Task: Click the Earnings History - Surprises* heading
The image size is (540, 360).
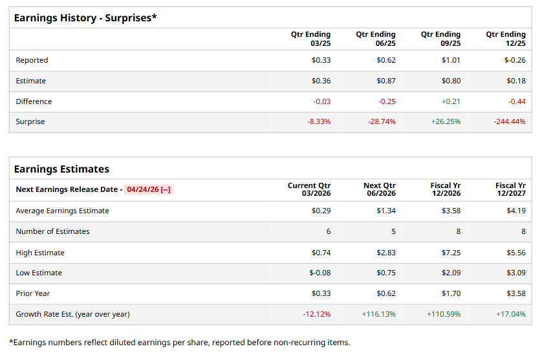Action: coord(85,17)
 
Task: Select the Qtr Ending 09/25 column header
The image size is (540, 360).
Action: coord(440,39)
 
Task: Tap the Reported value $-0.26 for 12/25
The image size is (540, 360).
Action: coord(515,60)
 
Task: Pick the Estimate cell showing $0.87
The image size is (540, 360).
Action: coord(386,81)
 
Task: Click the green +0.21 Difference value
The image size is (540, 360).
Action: coord(451,101)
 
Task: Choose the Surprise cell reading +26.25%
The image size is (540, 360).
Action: coord(446,122)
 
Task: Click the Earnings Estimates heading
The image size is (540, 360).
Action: coord(61,169)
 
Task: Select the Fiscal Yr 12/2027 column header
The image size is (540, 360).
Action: coord(510,189)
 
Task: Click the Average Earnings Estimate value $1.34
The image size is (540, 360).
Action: coord(386,210)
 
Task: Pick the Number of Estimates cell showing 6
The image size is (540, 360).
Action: coord(328,231)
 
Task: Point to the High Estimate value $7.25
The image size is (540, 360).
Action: coord(451,252)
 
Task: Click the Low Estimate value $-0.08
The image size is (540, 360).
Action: coord(319,273)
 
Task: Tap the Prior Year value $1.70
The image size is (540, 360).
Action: coord(451,293)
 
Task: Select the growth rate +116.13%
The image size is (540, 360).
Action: coord(379,314)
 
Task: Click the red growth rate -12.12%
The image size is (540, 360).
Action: coord(316,314)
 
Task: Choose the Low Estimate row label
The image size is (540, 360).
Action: coord(39,273)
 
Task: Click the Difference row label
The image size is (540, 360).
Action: coord(34,101)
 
